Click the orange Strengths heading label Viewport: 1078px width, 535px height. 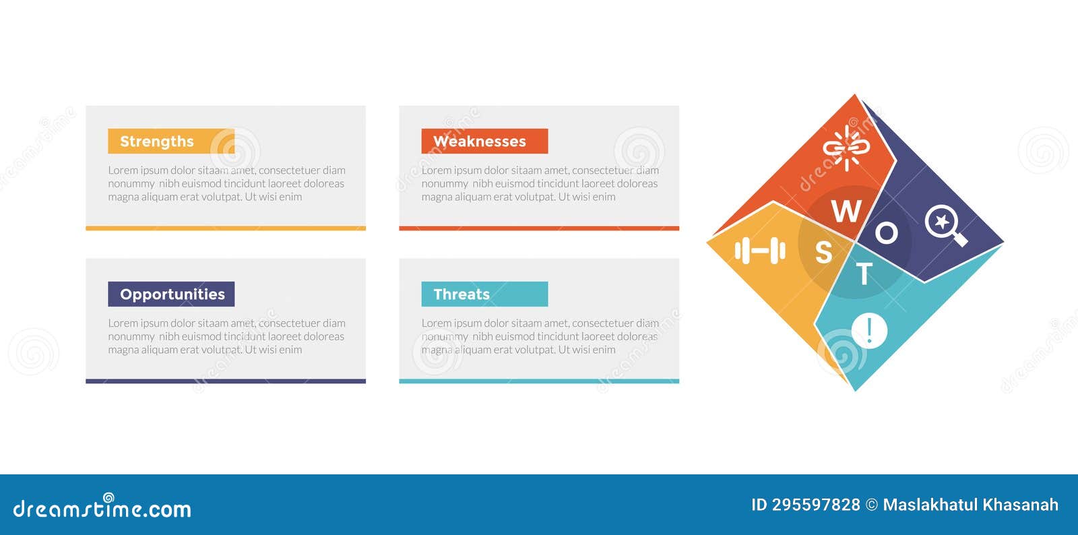click(x=170, y=141)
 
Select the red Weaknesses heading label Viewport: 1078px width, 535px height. click(x=484, y=141)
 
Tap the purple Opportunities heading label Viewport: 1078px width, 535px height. click(x=171, y=294)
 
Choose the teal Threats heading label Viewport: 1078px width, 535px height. click(x=484, y=294)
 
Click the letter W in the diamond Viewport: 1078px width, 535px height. click(x=846, y=212)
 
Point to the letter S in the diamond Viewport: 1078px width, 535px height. click(x=823, y=253)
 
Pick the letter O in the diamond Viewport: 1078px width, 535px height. click(x=886, y=233)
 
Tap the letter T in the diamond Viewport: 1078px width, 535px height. click(x=864, y=274)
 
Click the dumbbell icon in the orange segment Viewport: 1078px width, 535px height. click(x=760, y=251)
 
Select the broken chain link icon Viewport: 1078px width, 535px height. click(x=847, y=147)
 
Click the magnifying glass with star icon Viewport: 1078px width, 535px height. click(x=945, y=225)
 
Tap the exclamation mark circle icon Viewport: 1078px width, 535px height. click(x=869, y=331)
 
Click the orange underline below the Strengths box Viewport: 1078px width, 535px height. click(x=225, y=228)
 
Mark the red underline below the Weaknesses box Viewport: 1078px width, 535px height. click(x=538, y=228)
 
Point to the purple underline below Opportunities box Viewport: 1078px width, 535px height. click(x=225, y=381)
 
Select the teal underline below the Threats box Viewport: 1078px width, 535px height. click(x=538, y=381)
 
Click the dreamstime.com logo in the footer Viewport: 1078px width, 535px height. click(x=102, y=508)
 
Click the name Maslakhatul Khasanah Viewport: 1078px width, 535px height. click(x=970, y=505)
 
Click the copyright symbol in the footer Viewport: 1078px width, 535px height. click(x=871, y=505)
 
